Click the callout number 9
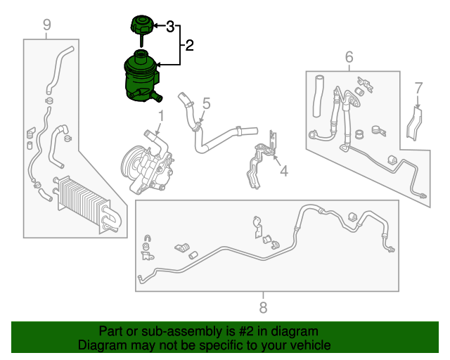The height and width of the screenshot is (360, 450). (47, 26)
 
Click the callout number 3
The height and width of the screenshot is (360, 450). (170, 27)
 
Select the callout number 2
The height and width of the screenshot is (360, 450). (189, 46)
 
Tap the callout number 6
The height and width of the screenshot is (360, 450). (349, 57)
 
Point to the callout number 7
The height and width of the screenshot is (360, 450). (418, 88)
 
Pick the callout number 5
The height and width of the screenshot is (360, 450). (207, 104)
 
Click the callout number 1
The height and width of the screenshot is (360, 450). (160, 115)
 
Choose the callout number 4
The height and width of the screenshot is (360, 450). (283, 170)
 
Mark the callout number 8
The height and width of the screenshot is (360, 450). (263, 307)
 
